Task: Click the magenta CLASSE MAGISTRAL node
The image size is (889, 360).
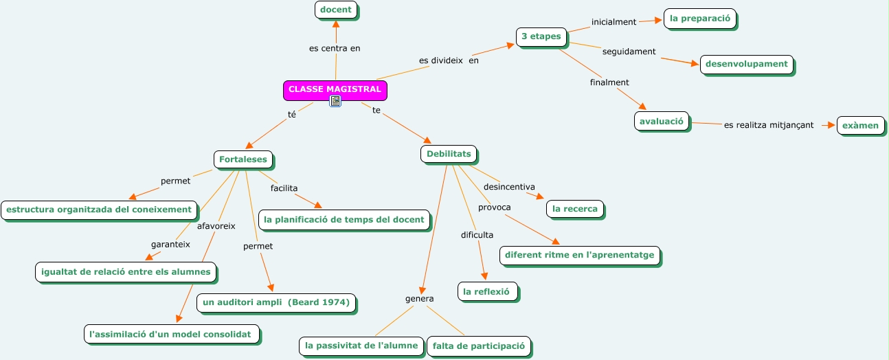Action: tap(335, 89)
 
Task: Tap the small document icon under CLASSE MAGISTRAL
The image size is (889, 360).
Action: tap(335, 102)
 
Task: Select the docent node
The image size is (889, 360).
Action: tap(336, 10)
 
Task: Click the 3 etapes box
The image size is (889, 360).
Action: tap(541, 36)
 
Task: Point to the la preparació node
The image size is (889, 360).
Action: tap(699, 19)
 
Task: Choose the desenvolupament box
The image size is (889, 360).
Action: tap(746, 65)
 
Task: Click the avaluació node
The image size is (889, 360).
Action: tap(661, 122)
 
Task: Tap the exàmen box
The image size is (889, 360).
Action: tap(860, 126)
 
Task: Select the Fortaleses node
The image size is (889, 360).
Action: tap(243, 160)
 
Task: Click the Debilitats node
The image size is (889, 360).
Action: tap(449, 154)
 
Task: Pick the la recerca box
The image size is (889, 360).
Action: tap(575, 208)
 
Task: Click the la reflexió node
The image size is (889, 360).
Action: tap(486, 291)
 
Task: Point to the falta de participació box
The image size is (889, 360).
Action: tap(478, 346)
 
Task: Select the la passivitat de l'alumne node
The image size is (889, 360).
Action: tap(361, 346)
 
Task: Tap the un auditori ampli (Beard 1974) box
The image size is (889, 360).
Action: tap(276, 302)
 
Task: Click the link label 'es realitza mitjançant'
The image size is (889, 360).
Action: tap(768, 125)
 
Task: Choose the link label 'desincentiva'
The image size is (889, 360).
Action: tap(509, 187)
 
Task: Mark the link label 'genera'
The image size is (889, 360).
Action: tap(419, 299)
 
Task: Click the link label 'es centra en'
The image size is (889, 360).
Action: tap(335, 48)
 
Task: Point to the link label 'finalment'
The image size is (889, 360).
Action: tap(609, 82)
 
